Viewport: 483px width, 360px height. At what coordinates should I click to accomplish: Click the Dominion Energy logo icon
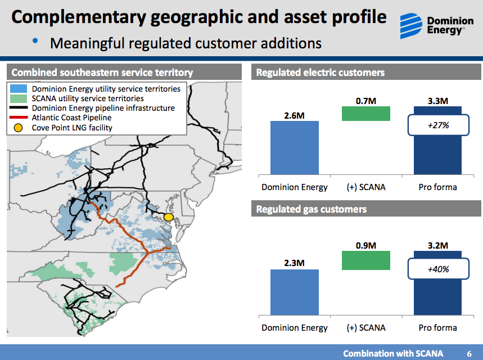pyautogui.click(x=412, y=25)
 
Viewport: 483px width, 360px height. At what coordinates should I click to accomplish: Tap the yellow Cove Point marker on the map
pyautogui.click(x=168, y=217)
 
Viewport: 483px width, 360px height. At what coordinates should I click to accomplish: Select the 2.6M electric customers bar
pyautogui.click(x=294, y=147)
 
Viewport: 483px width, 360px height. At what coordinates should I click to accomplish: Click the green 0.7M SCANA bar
pyautogui.click(x=365, y=114)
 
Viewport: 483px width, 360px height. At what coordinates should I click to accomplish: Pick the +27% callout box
pyautogui.click(x=438, y=125)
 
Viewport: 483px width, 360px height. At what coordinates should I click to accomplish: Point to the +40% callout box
pyautogui.click(x=438, y=269)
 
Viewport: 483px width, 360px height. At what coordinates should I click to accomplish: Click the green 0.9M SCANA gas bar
pyautogui.click(x=365, y=260)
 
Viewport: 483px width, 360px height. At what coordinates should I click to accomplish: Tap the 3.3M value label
pyautogui.click(x=437, y=101)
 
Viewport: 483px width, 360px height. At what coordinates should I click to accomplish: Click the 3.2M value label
pyautogui.click(x=437, y=245)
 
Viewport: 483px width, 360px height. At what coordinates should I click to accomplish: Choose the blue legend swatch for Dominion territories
pyautogui.click(x=19, y=89)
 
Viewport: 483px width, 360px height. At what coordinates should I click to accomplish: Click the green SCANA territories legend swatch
pyautogui.click(x=19, y=98)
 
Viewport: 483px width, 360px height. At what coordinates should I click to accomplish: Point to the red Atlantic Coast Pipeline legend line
pyautogui.click(x=19, y=118)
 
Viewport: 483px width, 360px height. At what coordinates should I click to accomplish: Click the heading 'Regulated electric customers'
pyautogui.click(x=320, y=73)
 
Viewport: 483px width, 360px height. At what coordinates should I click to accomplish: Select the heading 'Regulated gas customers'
pyautogui.click(x=311, y=209)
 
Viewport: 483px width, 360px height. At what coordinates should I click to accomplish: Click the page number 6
pyautogui.click(x=469, y=353)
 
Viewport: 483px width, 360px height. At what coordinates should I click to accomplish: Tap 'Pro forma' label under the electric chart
pyautogui.click(x=437, y=187)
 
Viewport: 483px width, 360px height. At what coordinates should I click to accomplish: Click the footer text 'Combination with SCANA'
pyautogui.click(x=393, y=353)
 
